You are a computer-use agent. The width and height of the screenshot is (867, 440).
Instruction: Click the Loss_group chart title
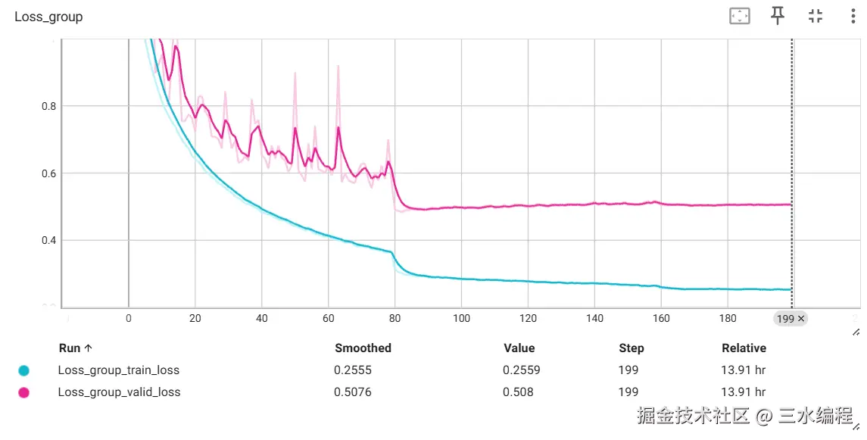tap(48, 17)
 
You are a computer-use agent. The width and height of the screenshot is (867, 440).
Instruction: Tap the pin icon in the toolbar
tap(778, 16)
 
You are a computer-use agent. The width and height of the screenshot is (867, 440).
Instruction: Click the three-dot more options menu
tap(853, 16)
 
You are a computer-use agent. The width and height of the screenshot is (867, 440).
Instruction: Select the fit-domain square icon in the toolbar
tap(739, 16)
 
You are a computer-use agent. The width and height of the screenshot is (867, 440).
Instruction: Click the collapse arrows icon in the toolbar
tap(816, 16)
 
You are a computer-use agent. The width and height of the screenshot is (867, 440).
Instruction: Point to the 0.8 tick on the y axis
tap(48, 107)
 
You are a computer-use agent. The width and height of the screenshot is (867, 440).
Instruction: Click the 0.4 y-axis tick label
tap(48, 241)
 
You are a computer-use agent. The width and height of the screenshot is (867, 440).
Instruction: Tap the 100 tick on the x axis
tap(461, 319)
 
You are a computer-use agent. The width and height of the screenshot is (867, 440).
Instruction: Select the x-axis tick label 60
tap(328, 319)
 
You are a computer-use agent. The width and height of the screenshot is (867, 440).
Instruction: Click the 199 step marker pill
tap(791, 319)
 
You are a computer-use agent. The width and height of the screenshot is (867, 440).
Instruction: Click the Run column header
tap(75, 348)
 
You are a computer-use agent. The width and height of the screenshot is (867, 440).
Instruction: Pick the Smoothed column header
tap(363, 348)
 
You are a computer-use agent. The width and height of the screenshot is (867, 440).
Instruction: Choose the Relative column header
tap(744, 348)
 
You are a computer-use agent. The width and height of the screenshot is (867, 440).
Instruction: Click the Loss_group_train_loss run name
tap(119, 370)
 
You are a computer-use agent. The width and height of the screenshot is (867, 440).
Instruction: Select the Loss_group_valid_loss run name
tap(119, 392)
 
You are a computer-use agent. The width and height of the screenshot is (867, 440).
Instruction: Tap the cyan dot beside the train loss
tap(23, 370)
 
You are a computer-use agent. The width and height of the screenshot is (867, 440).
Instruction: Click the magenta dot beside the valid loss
tap(23, 392)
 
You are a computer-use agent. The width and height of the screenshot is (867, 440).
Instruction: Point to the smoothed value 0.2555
tap(353, 370)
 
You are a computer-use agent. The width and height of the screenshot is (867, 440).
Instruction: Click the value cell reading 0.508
tap(518, 392)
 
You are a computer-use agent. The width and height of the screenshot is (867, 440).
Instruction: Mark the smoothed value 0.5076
tap(353, 392)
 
